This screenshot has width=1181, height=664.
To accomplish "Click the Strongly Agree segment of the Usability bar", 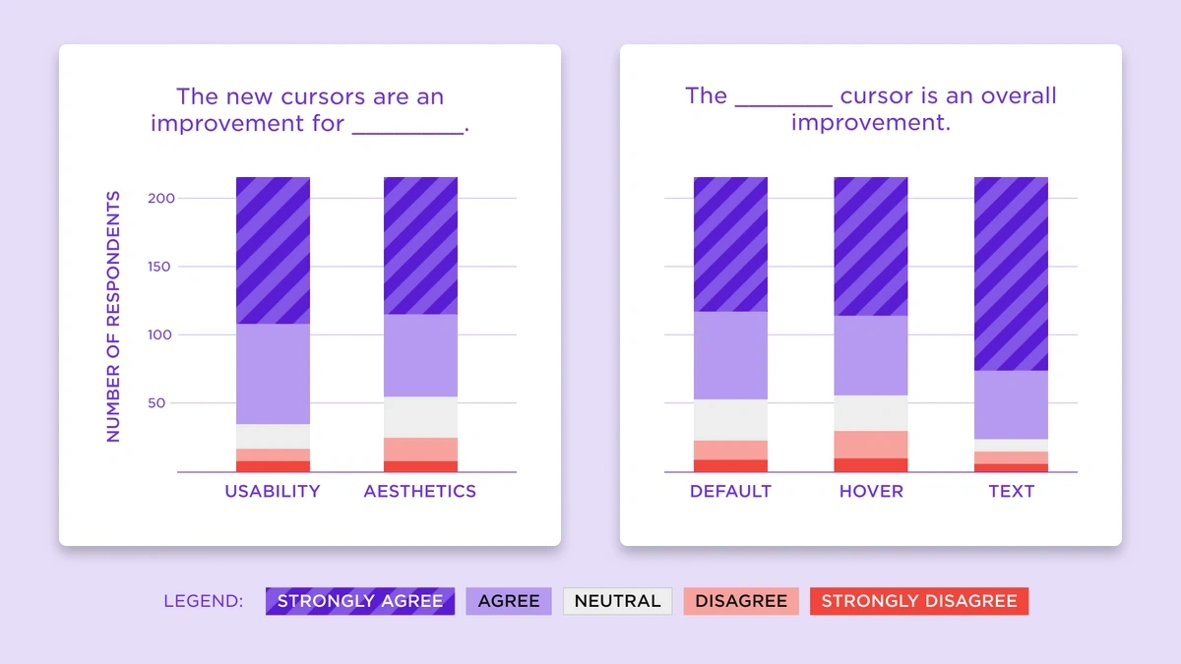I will point(273,250).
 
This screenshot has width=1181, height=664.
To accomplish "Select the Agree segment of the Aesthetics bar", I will point(420,355).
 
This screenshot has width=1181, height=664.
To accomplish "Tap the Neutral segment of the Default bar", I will point(730,420).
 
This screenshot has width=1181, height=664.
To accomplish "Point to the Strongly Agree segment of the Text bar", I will point(1011,273).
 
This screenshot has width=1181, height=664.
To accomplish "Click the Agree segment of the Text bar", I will point(1011,404).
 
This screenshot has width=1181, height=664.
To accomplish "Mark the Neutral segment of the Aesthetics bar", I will point(420,417).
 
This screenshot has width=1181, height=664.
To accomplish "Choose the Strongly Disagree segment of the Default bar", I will point(730,466).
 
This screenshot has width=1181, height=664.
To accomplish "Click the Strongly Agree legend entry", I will point(360,601).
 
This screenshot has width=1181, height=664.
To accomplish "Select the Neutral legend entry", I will point(617,601).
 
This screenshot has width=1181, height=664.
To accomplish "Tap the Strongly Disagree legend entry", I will point(918,601).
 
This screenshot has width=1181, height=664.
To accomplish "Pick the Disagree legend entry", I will point(741,601).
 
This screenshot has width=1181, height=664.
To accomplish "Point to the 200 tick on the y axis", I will point(161,199).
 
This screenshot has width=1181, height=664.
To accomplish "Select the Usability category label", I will point(273,491).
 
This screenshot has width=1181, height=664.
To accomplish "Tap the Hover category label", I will point(871,491).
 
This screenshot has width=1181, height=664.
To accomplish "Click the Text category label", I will point(1011,491).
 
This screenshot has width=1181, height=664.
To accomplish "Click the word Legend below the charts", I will point(203,601).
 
